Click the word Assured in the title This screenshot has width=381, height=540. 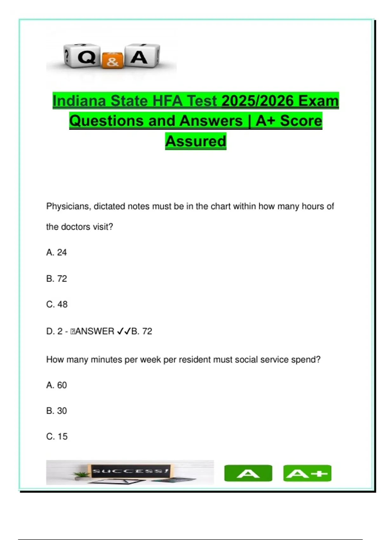pos(196,141)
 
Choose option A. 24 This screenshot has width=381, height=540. pos(57,253)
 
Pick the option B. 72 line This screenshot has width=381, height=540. pos(57,279)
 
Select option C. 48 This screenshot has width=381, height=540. pos(57,304)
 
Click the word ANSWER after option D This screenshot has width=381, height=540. pos(95,331)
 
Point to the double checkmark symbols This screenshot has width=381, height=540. pos(124,331)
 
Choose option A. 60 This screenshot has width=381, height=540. pos(57,385)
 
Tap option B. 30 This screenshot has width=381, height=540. pos(57,411)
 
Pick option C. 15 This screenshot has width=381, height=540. pos(57,436)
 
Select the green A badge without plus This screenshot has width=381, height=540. pos(248,473)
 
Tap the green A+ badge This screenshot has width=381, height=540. pos(307,473)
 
